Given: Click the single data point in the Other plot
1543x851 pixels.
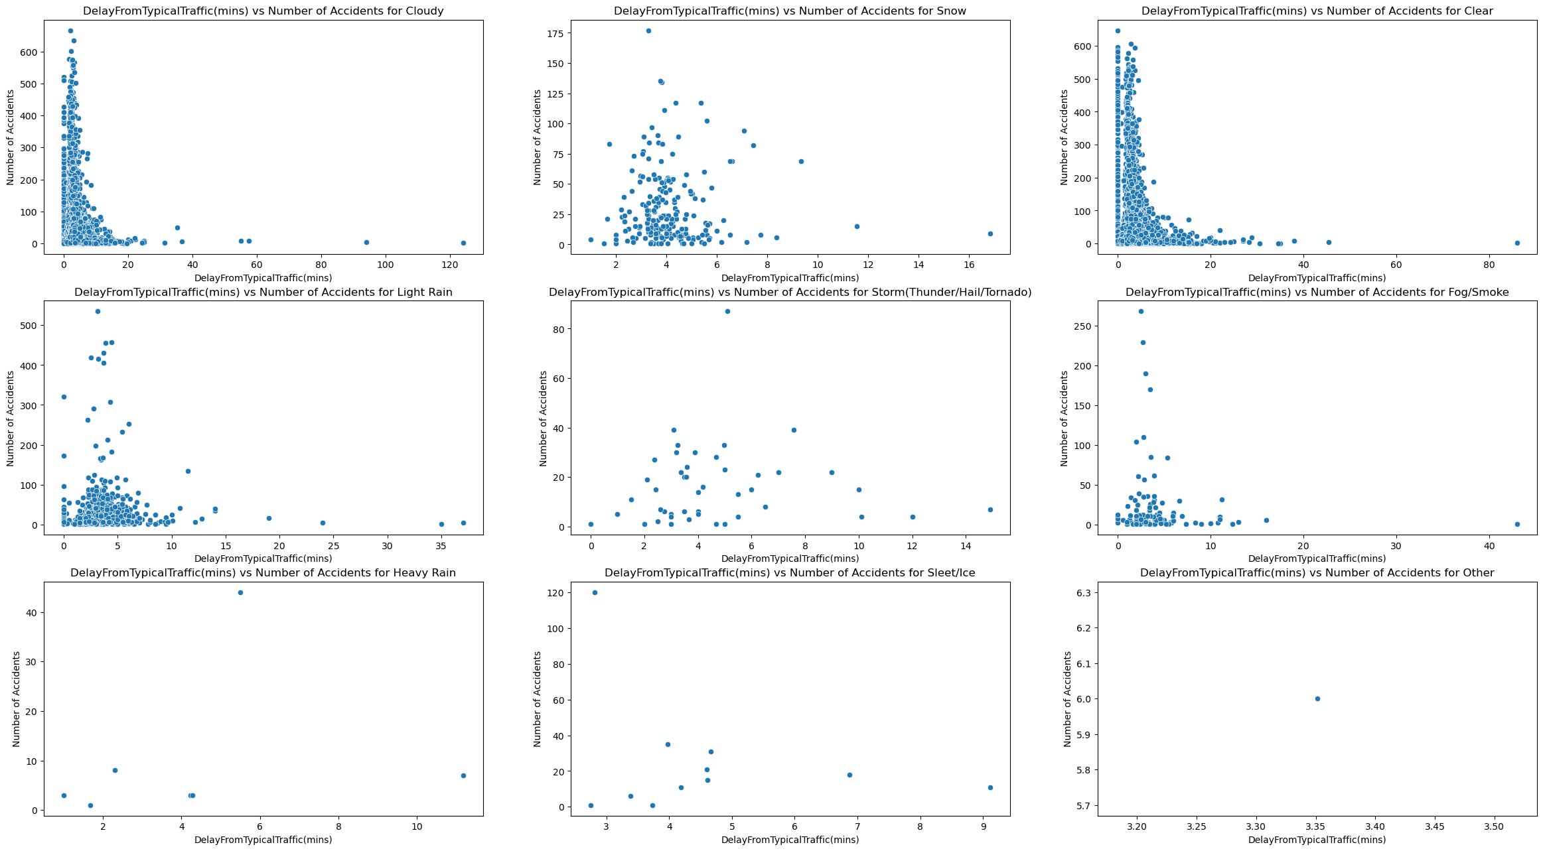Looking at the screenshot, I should pos(1317,698).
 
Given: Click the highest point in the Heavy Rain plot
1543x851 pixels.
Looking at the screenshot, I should pos(240,592).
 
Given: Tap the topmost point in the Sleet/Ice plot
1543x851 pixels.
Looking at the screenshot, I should pos(595,592).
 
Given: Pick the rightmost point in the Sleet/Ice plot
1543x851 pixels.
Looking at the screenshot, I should pos(990,787).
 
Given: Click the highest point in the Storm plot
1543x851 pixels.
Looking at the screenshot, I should pos(727,311).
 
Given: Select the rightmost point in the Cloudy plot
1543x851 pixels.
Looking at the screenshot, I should pos(463,243).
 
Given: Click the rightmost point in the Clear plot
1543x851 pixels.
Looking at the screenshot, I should pos(1517,243).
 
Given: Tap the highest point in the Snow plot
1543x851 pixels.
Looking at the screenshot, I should pos(648,31).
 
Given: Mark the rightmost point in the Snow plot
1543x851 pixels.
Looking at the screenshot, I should pos(990,233).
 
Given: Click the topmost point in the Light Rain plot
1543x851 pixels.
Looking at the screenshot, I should pos(98,311).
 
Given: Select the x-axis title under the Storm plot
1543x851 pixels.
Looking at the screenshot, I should pos(790,559).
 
